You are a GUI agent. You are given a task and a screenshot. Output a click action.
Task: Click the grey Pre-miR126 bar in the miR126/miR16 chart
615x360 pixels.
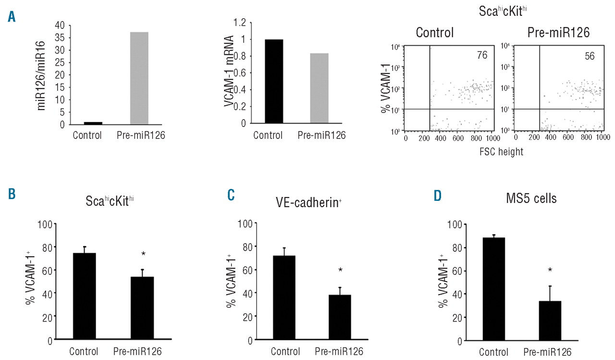139,78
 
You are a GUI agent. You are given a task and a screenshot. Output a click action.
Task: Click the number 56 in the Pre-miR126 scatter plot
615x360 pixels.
590,56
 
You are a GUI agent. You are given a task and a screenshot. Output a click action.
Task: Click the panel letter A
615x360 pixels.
11,18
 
